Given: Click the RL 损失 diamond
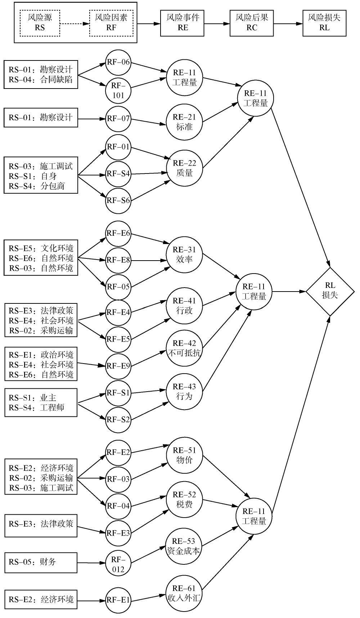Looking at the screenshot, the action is pos(330,291).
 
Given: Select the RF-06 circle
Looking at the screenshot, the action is pos(118,62).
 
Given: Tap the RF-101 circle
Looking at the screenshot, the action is pos(118,90).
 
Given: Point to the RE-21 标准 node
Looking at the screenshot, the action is pos(184,122).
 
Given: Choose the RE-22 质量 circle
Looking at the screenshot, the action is pos(184,168).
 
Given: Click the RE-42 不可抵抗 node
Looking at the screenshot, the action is pos(184,348).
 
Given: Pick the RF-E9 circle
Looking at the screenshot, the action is pos(118,366).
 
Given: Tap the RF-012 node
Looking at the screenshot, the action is pos(118,564).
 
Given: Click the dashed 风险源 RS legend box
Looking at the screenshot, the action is pos(40,23).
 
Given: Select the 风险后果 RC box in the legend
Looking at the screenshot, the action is pos(252,23).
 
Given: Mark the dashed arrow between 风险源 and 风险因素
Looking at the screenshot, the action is pos(75,23).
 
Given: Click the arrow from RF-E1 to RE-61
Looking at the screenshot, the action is pos(149,597).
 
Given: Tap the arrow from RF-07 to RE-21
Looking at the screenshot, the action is pos(149,122).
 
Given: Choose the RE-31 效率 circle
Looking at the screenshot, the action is pos(184,254).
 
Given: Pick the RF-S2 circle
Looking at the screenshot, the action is pos(118,420).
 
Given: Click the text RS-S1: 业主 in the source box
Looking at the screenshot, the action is pos(33,398).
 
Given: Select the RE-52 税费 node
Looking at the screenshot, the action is pos(184,500).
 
